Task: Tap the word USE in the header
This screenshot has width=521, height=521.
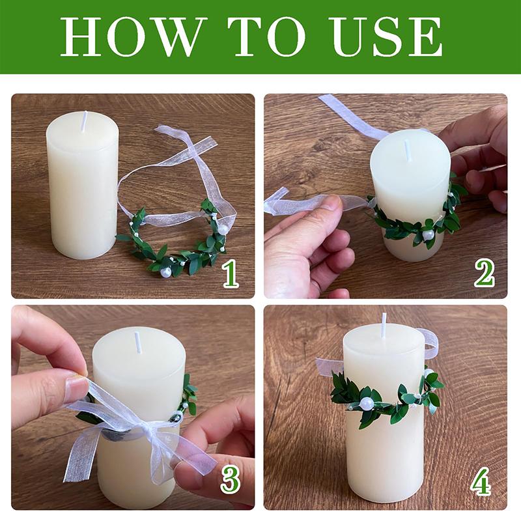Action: (387, 36)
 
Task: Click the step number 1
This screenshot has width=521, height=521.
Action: (231, 274)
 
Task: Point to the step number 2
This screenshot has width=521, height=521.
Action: (485, 274)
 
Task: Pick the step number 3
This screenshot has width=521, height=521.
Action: (231, 480)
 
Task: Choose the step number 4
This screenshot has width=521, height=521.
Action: (481, 481)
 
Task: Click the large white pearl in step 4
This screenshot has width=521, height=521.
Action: (367, 403)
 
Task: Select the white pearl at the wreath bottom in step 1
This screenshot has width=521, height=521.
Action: (165, 272)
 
